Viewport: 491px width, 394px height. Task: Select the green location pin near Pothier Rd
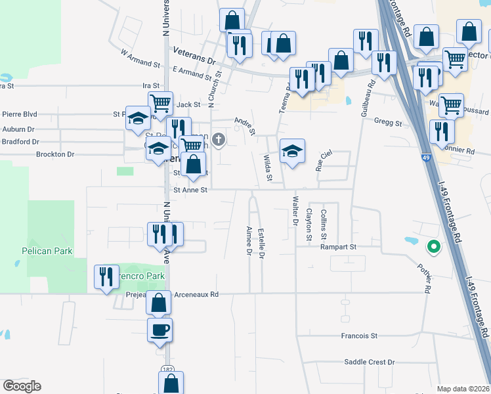433,248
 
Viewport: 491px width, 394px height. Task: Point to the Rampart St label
338,247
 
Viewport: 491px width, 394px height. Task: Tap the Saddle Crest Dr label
370,362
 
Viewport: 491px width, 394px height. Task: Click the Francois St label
359,336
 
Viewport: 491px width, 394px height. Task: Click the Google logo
22,386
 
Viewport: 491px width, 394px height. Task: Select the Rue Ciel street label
324,158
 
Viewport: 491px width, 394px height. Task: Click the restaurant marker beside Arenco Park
106,276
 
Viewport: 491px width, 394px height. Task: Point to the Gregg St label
387,122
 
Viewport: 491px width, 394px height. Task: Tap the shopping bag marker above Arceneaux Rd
158,303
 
